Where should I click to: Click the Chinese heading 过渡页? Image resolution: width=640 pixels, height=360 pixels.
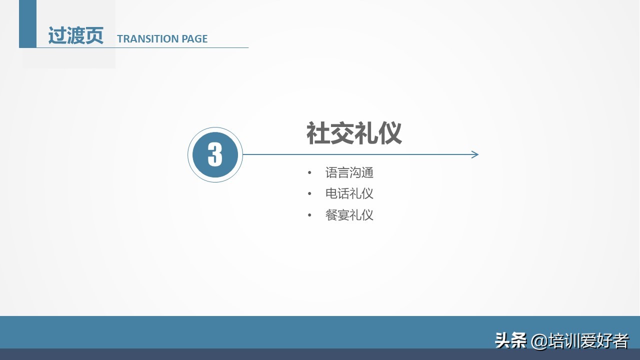75,36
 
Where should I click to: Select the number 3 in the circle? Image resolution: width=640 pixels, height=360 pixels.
215,154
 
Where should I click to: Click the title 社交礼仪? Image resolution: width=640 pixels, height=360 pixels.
354,133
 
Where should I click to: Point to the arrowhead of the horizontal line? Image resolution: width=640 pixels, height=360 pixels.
475,154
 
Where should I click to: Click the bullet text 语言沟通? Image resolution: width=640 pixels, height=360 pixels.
349,173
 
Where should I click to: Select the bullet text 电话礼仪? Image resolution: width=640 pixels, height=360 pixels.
349,193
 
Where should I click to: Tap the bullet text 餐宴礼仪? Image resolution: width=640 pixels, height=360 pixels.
349,215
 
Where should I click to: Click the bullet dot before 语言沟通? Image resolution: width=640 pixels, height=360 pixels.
310,173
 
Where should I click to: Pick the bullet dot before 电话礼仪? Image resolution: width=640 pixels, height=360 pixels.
310,194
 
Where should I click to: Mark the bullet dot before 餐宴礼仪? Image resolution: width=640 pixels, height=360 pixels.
310,215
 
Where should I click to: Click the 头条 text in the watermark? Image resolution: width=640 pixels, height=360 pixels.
510,341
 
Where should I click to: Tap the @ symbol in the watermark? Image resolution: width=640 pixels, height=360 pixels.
539,341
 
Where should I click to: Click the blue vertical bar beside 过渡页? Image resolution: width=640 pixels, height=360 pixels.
27,24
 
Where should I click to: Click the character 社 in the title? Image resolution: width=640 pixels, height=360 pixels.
318,133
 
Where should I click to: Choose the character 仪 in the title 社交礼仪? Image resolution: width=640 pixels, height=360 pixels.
390,133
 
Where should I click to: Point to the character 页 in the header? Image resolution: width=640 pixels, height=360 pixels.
94,36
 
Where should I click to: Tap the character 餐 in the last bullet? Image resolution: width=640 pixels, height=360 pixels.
331,215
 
